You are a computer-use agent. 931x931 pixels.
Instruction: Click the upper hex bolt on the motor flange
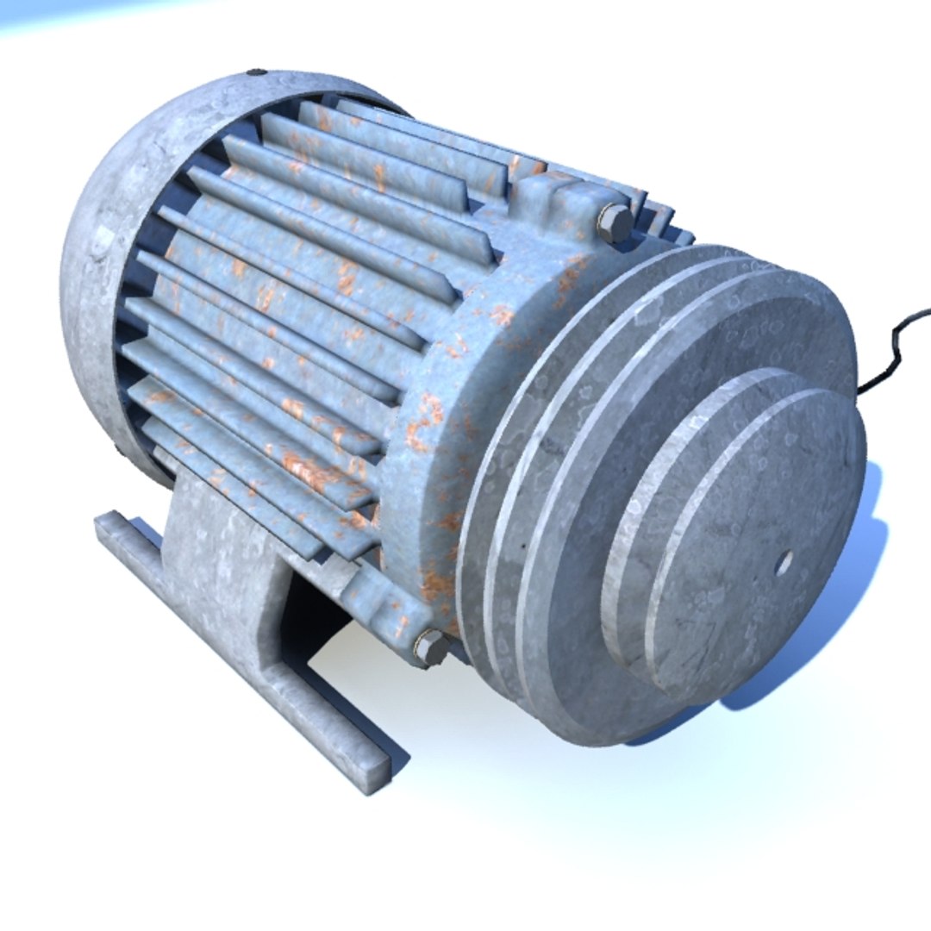click(615, 222)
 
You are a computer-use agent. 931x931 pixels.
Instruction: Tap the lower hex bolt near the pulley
click(430, 646)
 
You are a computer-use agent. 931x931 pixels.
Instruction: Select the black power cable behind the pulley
click(897, 345)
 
